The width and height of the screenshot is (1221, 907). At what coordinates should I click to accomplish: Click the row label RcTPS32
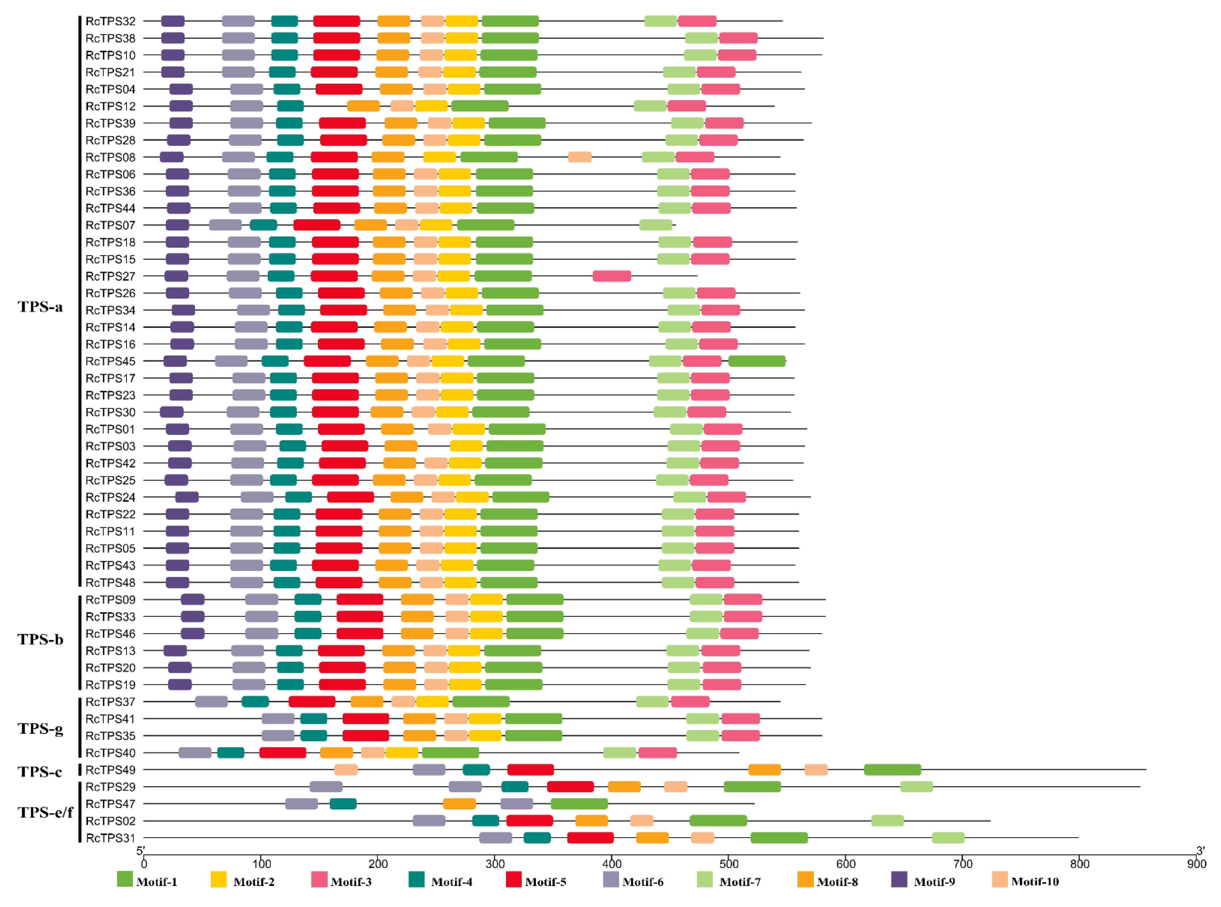110,21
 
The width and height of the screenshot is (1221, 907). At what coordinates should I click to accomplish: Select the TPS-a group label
40,306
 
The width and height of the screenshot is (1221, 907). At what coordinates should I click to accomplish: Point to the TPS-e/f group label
45,812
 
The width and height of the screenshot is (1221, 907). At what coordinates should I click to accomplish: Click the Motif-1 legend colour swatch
125,879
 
